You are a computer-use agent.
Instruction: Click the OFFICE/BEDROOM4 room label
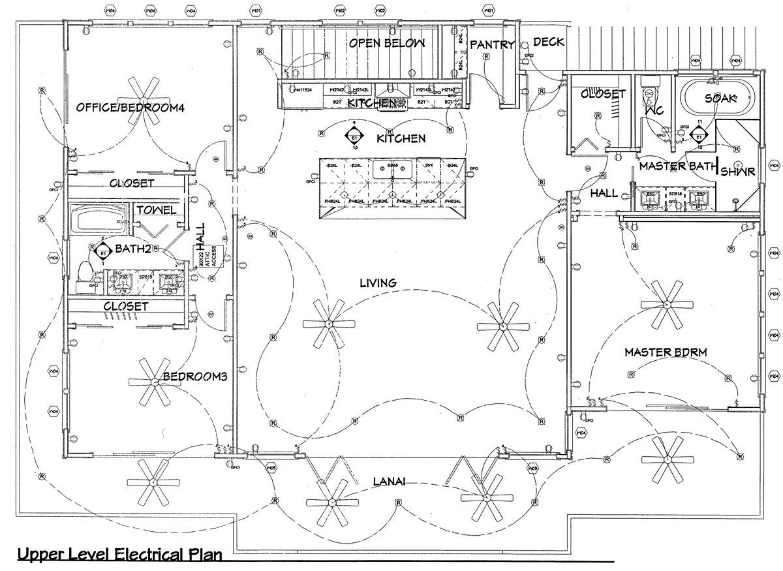130,108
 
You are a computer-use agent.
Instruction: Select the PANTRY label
493,44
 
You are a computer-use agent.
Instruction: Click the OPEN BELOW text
387,43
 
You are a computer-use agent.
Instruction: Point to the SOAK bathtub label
720,98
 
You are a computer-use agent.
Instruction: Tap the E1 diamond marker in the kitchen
354,138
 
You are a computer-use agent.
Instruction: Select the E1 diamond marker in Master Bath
699,137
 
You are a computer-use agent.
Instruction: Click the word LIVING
378,283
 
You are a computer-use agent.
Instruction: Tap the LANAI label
390,482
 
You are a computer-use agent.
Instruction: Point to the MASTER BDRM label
666,352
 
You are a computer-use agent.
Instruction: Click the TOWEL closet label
155,210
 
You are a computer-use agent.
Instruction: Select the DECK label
549,42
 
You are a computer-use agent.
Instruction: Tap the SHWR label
738,172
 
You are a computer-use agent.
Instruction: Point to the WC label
654,112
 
